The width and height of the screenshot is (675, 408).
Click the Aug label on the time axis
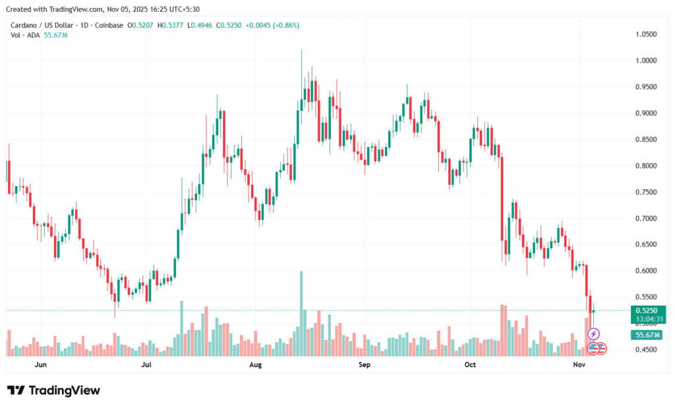click(x=256, y=364)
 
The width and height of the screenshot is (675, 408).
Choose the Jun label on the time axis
click(x=40, y=364)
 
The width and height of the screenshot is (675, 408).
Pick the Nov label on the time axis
click(x=579, y=364)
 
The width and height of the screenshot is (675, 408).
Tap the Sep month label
click(x=364, y=364)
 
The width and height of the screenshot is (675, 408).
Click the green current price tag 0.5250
click(x=645, y=310)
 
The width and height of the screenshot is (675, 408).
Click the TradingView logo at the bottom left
click(x=54, y=390)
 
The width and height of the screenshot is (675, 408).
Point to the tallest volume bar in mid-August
click(x=301, y=310)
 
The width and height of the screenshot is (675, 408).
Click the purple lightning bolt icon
click(x=593, y=335)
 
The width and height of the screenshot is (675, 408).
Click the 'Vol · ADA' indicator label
click(x=24, y=35)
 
